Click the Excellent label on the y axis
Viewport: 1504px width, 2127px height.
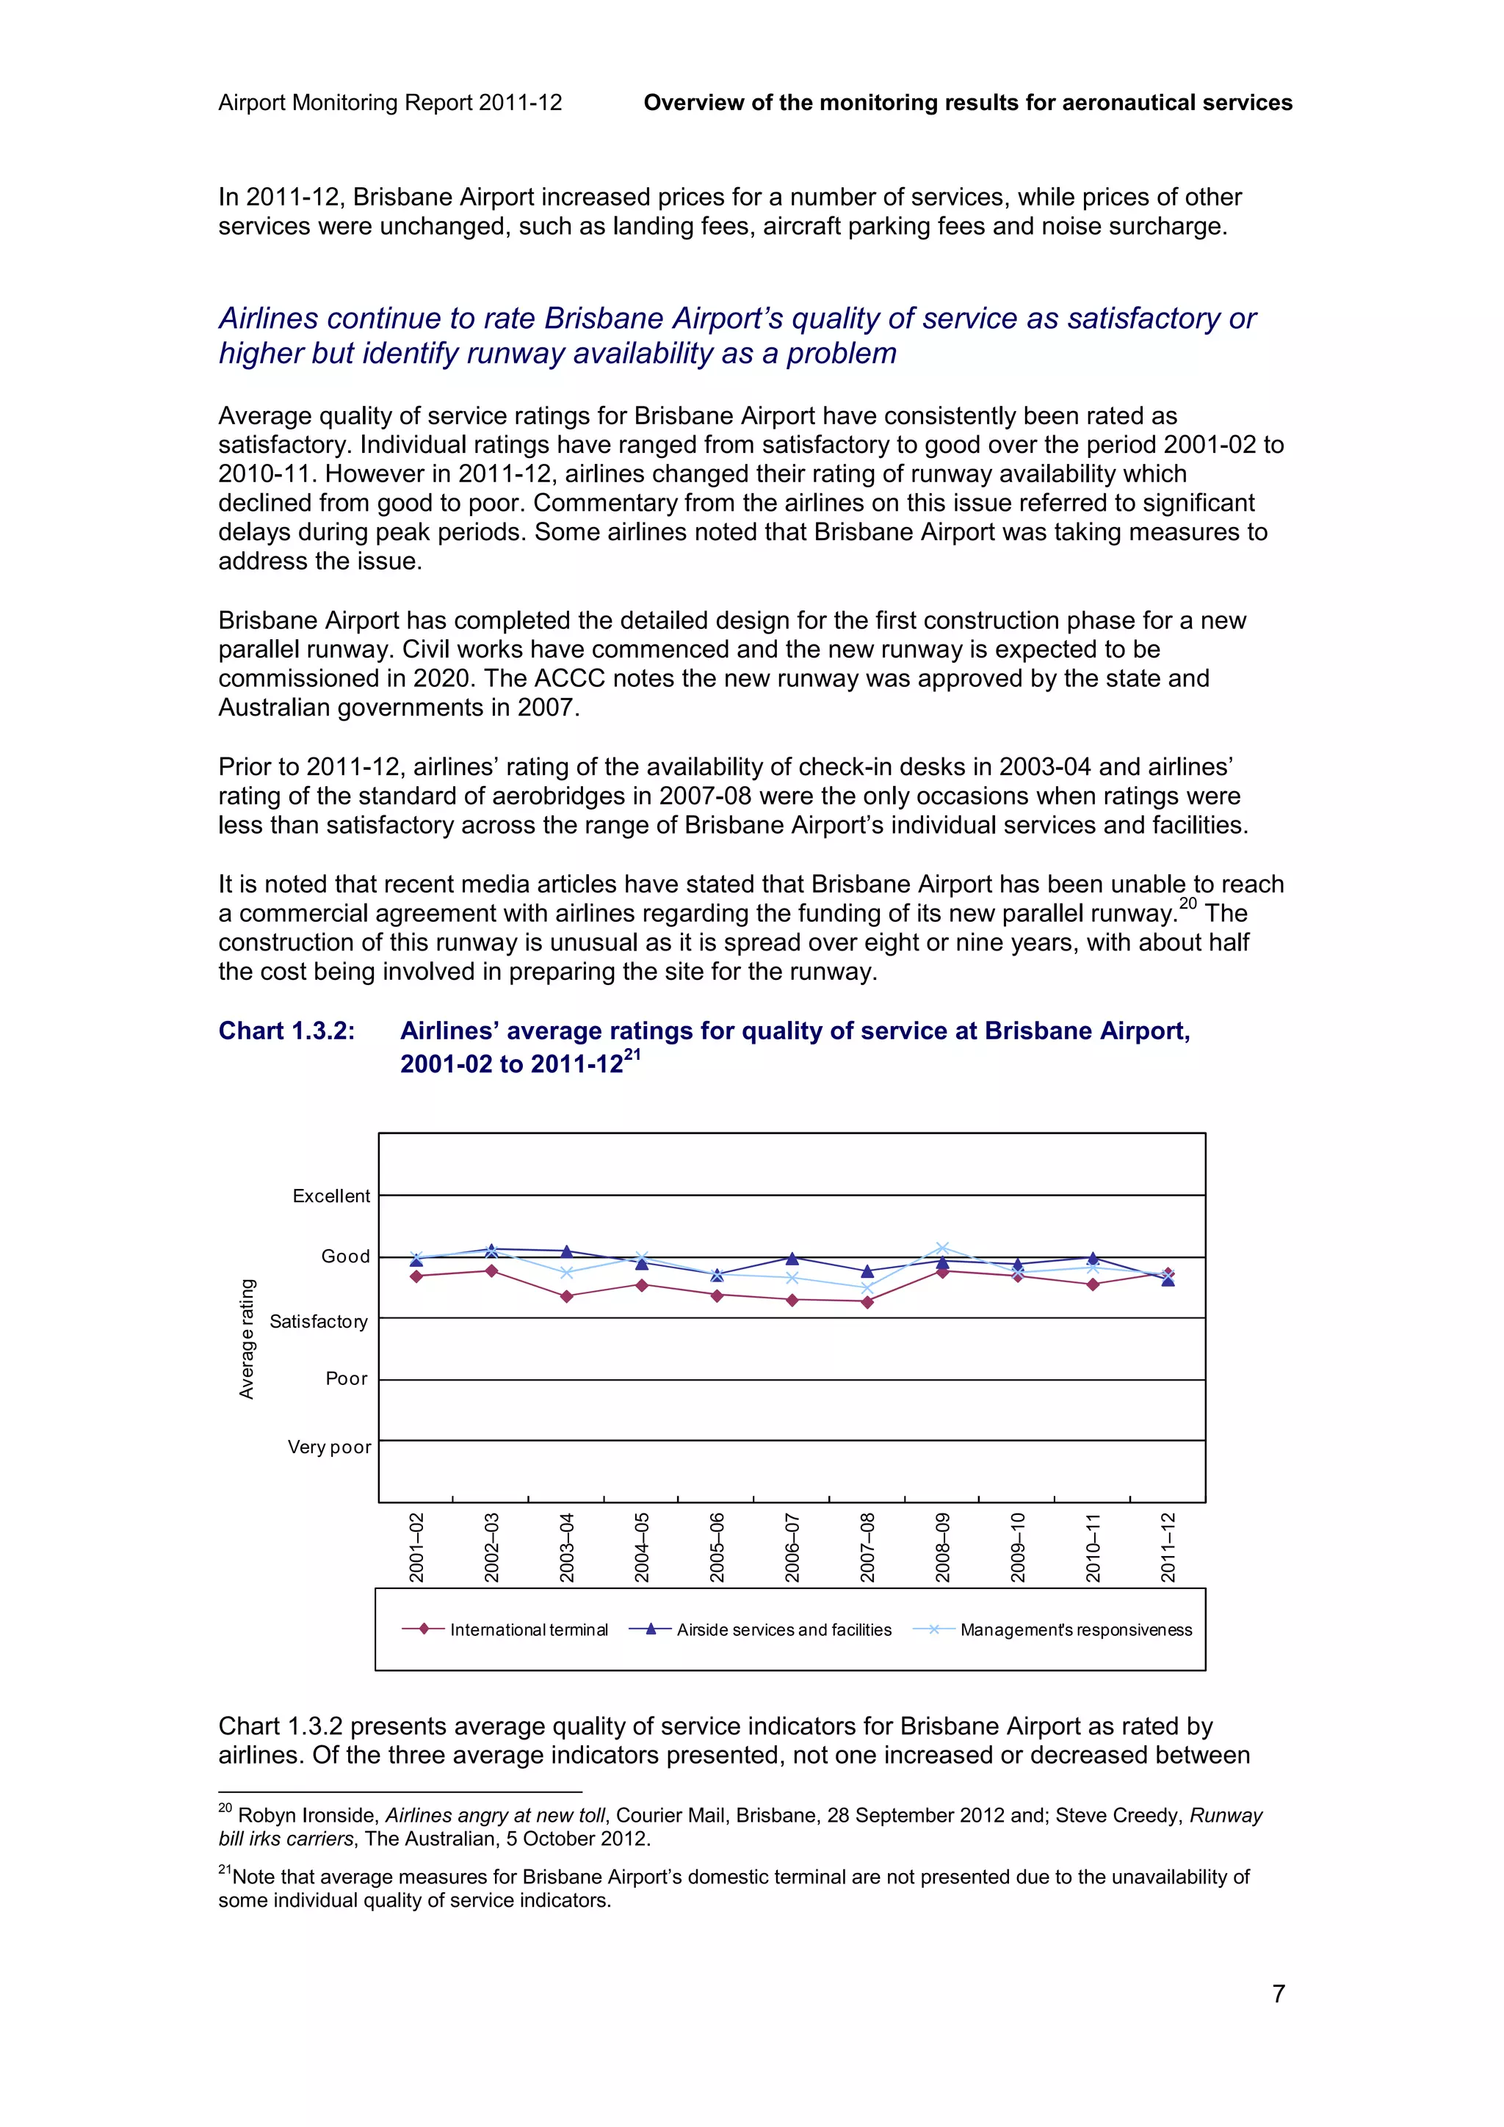coord(330,1196)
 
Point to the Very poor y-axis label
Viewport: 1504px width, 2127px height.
coord(329,1447)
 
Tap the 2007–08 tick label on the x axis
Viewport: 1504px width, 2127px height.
coord(867,1547)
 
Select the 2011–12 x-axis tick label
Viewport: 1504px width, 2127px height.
coord(1168,1547)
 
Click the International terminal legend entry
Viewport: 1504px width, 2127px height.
coord(528,1629)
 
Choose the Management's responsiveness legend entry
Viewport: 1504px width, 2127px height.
coord(1075,1629)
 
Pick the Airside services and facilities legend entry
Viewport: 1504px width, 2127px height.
coord(783,1629)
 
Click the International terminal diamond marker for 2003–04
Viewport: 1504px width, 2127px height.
coord(566,1296)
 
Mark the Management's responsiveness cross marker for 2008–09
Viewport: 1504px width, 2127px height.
coord(942,1248)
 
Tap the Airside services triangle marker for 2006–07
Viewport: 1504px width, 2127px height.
coord(792,1259)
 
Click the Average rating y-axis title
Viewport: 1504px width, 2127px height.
coord(247,1339)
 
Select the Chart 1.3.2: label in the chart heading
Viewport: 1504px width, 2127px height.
coord(286,1031)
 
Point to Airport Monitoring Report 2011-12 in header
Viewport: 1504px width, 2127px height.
coord(389,103)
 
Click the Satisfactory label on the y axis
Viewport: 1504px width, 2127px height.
coord(318,1321)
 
